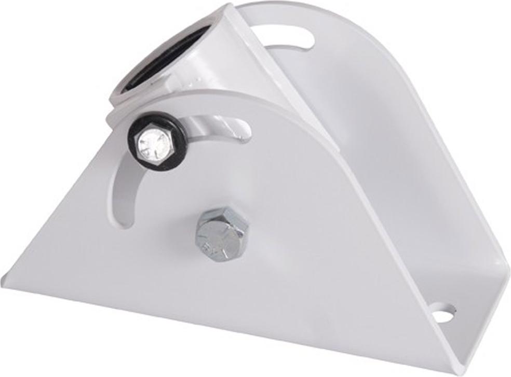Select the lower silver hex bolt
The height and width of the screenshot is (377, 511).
point(222,234)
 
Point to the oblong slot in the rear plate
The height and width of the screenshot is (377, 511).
point(290,38)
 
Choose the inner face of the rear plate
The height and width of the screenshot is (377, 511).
point(384,130)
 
